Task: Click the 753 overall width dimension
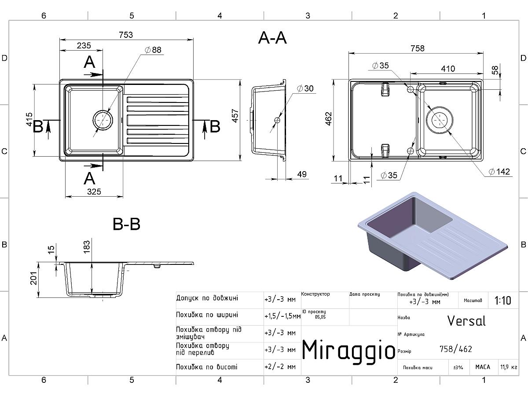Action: [x=125, y=35]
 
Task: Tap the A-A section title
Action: [x=272, y=38]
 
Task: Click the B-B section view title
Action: [x=126, y=224]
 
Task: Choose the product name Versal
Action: [x=466, y=321]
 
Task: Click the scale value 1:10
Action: [x=502, y=301]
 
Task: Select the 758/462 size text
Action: [x=455, y=349]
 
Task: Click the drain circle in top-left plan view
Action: [x=102, y=120]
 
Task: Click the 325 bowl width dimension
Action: [x=94, y=191]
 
